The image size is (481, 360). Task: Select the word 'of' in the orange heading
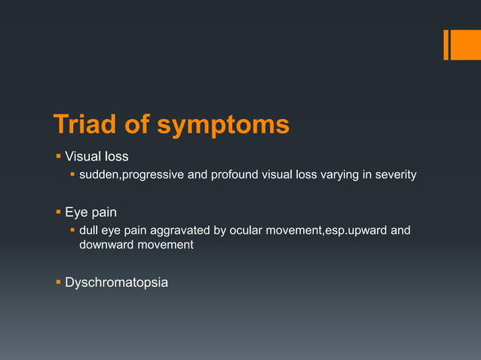[x=138, y=124]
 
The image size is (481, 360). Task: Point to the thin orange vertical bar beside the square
[x=446, y=44]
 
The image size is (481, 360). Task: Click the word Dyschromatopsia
[x=116, y=283]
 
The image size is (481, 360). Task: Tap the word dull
[x=90, y=230]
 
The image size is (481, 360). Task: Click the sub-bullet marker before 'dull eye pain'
[x=72, y=230]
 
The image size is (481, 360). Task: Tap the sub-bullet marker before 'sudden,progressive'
[x=72, y=175]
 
